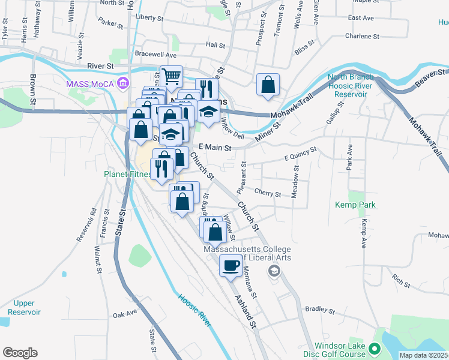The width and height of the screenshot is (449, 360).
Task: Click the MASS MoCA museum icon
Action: tap(124, 82)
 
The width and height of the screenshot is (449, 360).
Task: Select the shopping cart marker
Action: tap(171, 77)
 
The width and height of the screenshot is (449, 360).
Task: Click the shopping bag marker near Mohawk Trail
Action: tap(268, 85)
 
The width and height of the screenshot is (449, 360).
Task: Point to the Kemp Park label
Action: tap(355, 205)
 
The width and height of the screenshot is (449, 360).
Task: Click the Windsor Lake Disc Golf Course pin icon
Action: tap(375, 348)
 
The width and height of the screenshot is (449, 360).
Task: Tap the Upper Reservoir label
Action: tap(25, 307)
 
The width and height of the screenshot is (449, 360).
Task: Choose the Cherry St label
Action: tap(268, 194)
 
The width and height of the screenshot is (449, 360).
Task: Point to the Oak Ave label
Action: tap(125, 314)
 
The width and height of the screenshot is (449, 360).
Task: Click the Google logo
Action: tap(20, 352)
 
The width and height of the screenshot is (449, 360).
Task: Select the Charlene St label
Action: tap(363, 36)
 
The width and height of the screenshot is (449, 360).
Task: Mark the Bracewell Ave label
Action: tap(155, 53)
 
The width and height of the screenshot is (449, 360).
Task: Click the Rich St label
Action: tap(400, 280)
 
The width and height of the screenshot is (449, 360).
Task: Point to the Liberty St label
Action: tap(149, 17)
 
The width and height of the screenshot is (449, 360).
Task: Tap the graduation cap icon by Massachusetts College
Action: tap(274, 271)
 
